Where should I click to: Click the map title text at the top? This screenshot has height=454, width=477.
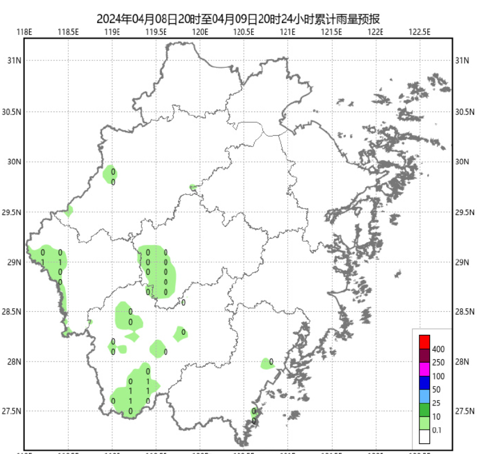(x=238, y=19)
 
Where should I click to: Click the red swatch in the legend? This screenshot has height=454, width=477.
(x=424, y=342)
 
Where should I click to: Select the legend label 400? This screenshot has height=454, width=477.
(x=438, y=349)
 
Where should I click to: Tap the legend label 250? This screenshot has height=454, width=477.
(x=438, y=363)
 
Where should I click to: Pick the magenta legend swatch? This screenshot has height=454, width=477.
(x=424, y=369)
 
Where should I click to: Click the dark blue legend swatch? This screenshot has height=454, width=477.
(x=424, y=383)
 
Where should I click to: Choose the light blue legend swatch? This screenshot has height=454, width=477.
(x=424, y=397)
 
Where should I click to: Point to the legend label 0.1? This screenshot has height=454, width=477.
(x=438, y=431)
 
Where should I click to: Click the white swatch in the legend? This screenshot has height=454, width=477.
(x=424, y=437)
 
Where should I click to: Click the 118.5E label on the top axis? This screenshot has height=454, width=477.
(x=69, y=32)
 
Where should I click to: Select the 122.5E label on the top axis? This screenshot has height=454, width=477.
(x=419, y=32)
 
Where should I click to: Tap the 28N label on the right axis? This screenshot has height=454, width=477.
(x=463, y=362)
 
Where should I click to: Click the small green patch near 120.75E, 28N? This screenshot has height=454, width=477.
(x=267, y=363)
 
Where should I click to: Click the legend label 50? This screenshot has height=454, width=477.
(x=437, y=390)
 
